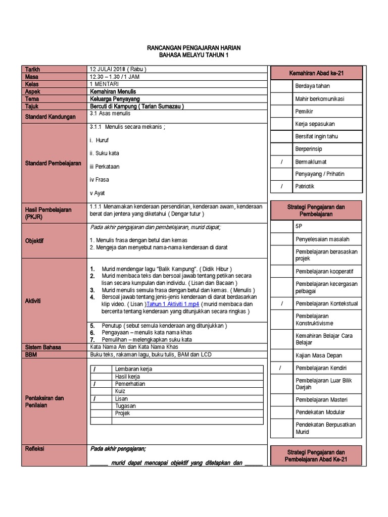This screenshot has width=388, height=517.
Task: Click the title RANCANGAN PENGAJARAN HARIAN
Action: tap(193, 47)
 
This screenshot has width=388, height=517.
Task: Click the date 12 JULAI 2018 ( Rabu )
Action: tap(118, 69)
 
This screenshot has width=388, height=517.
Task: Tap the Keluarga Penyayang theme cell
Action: tap(116, 99)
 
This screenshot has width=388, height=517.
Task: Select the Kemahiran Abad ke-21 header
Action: tap(316, 73)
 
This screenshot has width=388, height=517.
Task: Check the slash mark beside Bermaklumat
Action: tap(282, 162)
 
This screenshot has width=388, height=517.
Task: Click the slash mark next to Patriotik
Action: tap(282, 186)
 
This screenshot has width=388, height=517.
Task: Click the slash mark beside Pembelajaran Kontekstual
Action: tap(282, 303)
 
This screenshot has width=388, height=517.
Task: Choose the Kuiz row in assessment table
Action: tap(120, 391)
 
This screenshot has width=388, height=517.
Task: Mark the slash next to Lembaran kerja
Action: tap(94, 369)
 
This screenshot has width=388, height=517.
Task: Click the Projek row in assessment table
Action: tap(123, 413)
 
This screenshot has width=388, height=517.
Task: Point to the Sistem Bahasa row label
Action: tap(44, 347)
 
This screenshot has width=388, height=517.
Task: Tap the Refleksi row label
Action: tap(34, 448)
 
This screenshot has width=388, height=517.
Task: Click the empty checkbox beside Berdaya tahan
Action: tap(282, 86)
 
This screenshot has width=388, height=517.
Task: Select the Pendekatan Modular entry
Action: tap(321, 412)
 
